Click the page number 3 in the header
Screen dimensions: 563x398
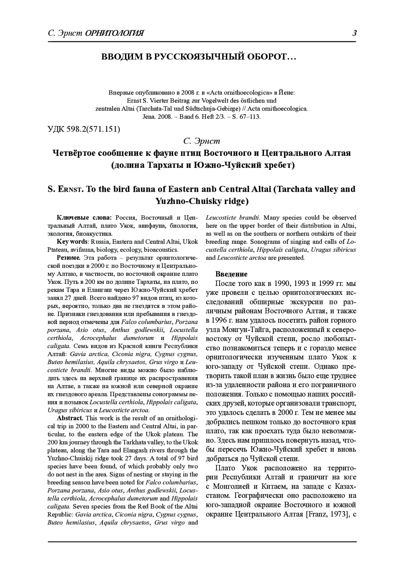[x=354, y=33]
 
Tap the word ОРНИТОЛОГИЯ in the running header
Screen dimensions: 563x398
[x=114, y=34]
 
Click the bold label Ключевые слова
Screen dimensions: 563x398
[x=84, y=218]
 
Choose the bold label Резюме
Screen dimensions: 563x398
[x=69, y=258]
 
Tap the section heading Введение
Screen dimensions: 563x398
[x=232, y=274]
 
